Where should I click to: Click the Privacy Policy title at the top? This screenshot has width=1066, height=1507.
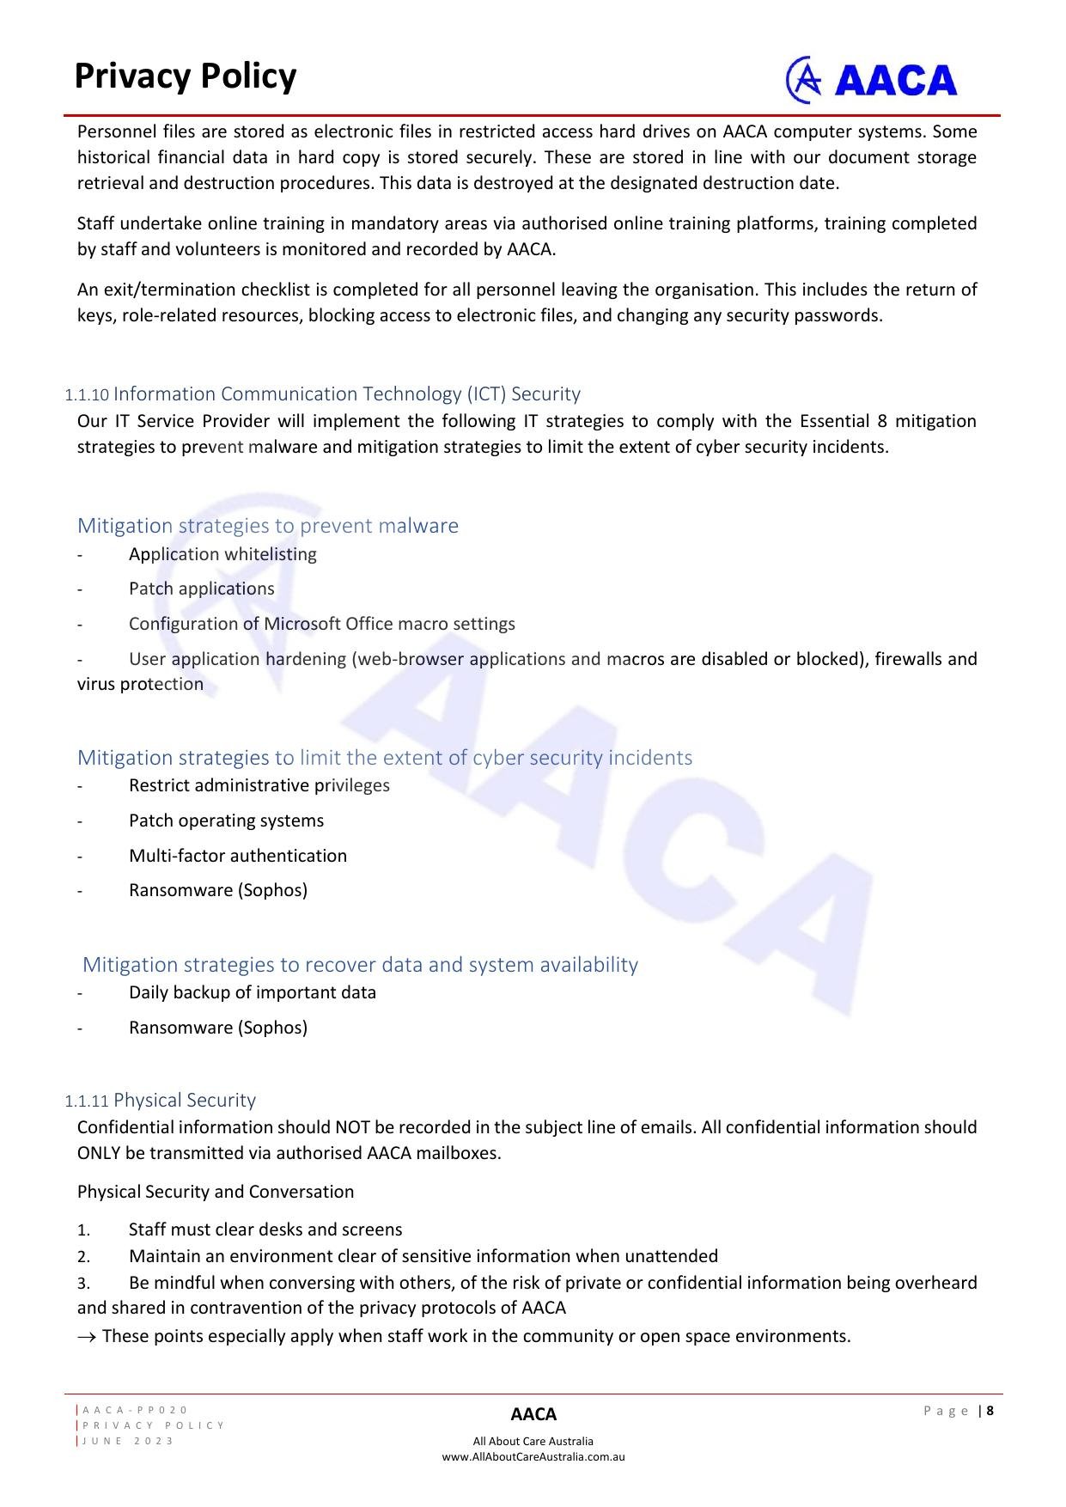(x=185, y=76)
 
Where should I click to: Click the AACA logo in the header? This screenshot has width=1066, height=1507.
(x=871, y=80)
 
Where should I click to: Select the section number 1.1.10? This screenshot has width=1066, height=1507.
(x=87, y=395)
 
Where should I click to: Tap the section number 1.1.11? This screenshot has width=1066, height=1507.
(x=87, y=1101)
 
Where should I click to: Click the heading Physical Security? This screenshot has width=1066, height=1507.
(x=185, y=1101)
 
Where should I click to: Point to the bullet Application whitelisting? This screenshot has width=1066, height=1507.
(x=222, y=554)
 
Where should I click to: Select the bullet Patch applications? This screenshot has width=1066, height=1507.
(x=202, y=589)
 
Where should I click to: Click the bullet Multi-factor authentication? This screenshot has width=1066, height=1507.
(x=238, y=856)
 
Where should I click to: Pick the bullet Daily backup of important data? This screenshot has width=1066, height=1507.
(x=253, y=992)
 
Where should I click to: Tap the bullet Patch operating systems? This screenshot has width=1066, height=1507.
(x=227, y=821)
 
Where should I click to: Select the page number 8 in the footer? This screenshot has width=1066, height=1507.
(x=990, y=1411)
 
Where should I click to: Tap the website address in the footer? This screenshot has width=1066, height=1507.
(x=533, y=1457)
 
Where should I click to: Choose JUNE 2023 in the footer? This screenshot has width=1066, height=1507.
(x=128, y=1441)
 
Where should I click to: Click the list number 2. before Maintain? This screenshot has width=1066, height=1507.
(x=83, y=1257)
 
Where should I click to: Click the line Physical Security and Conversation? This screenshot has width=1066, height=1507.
(x=216, y=1192)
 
